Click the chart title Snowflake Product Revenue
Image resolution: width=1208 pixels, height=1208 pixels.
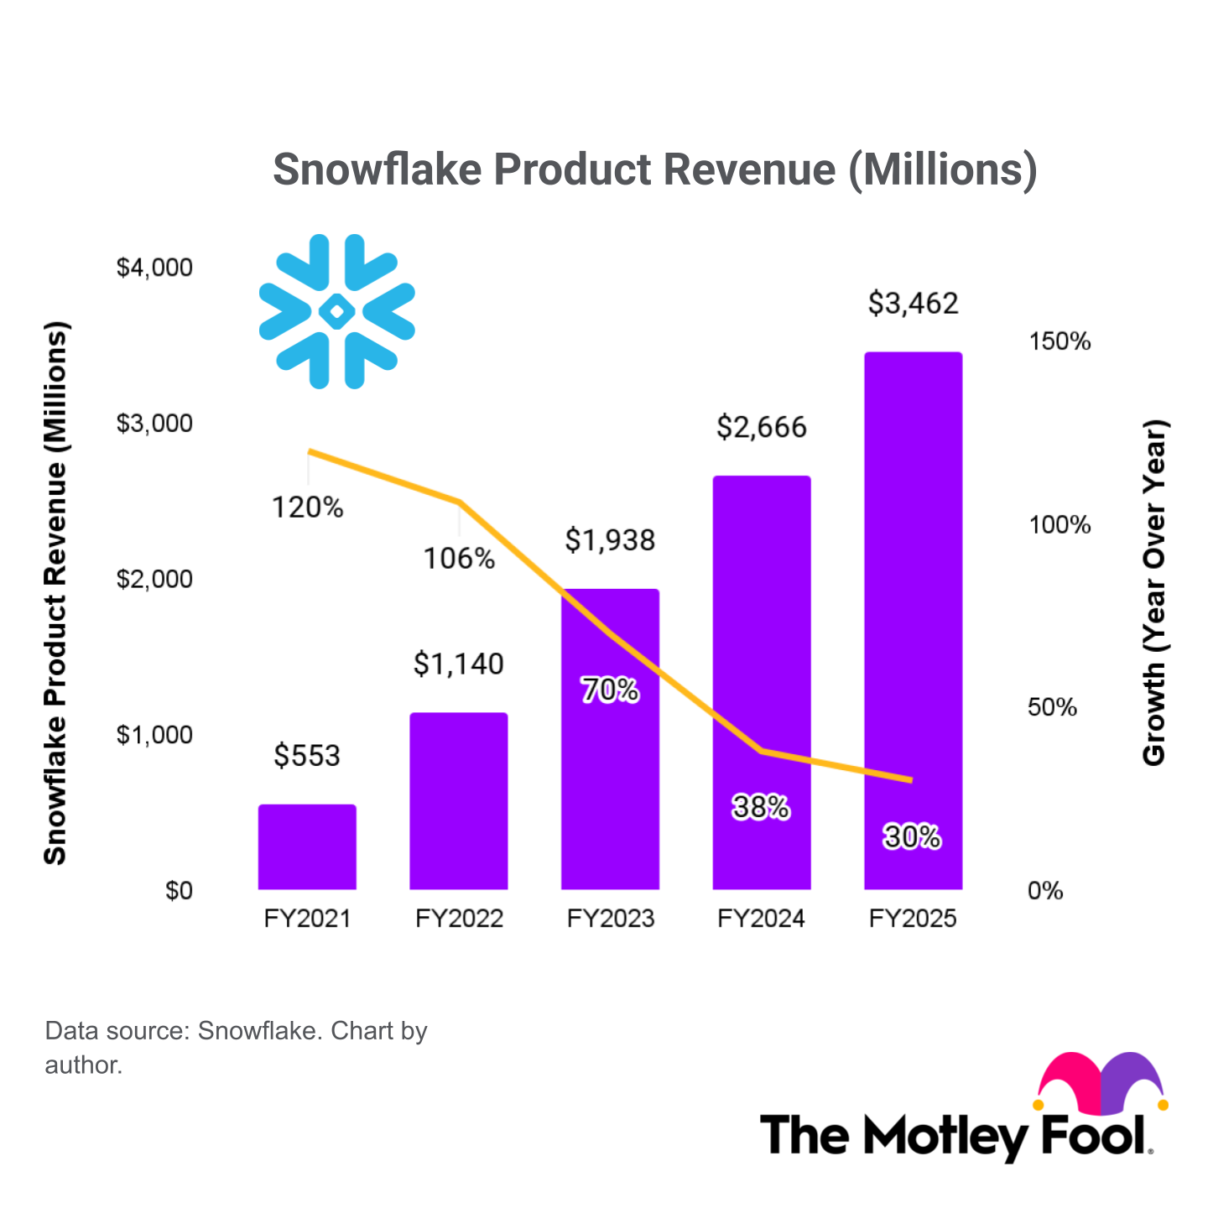coord(655,169)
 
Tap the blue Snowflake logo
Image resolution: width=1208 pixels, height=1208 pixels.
coord(337,311)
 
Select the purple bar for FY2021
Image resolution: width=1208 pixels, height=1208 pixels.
coord(307,847)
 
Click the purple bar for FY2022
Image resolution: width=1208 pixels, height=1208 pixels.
coord(459,801)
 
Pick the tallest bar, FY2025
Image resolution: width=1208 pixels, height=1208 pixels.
coord(913,621)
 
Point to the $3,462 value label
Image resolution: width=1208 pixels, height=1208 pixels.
coord(913,303)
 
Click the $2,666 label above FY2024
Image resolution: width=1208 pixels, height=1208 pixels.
coord(761,427)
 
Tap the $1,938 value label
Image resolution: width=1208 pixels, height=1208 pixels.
coord(610,540)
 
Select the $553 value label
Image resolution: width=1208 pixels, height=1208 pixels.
coord(307,756)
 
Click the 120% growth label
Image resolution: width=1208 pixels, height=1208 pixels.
coord(307,508)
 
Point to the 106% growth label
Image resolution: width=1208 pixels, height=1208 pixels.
coord(459,559)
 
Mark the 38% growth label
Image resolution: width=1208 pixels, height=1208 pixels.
coord(761,807)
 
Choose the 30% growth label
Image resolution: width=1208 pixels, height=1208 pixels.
coord(912,836)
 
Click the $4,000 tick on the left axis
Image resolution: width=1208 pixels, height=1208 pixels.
coord(154,268)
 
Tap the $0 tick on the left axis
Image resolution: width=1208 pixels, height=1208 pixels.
coord(179,890)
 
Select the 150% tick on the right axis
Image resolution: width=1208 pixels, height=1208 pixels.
coord(1060,341)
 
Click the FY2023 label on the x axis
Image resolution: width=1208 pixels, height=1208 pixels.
coord(610,919)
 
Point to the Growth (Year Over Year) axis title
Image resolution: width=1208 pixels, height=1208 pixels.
coord(1154,592)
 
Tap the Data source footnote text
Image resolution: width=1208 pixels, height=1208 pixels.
coord(236,1047)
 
